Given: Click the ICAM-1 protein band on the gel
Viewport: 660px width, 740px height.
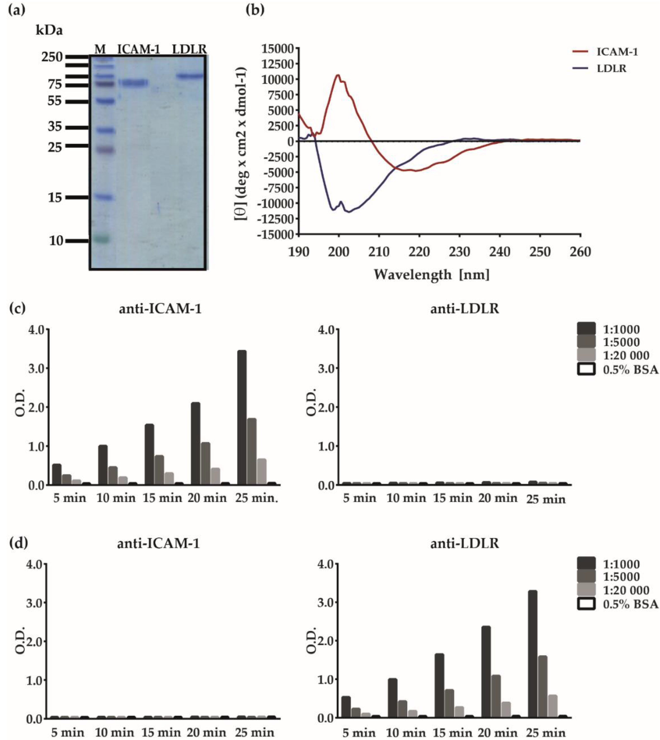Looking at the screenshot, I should click(133, 83).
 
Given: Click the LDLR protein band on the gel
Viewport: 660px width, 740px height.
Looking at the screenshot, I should click(190, 76).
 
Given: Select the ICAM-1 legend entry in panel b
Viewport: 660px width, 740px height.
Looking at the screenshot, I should click(617, 52).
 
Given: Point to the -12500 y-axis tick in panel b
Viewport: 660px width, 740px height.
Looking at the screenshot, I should click(275, 219).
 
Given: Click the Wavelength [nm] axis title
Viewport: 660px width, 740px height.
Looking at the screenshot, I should click(432, 275).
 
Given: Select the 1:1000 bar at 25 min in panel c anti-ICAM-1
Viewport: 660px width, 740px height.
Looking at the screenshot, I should click(242, 417).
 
